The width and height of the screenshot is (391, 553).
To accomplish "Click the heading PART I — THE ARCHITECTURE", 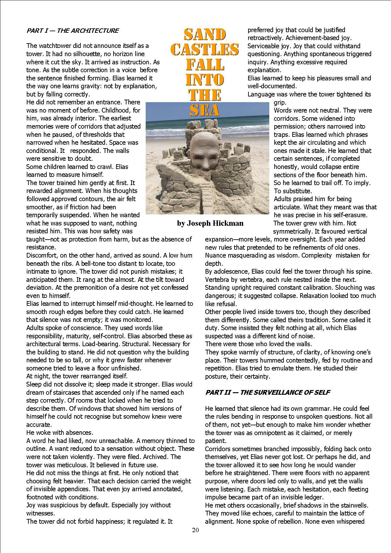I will tap(73, 31).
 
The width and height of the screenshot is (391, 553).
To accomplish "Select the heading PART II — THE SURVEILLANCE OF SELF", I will tap(267, 393).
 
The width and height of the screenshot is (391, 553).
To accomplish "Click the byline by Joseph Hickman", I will tap(210, 224).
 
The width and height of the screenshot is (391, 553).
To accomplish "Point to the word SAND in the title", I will tap(205, 35).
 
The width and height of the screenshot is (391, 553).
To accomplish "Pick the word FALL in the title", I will tap(205, 65).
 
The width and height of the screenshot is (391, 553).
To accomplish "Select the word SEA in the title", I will tap(205, 110).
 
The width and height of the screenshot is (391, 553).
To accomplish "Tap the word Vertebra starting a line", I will tap(218, 280).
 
